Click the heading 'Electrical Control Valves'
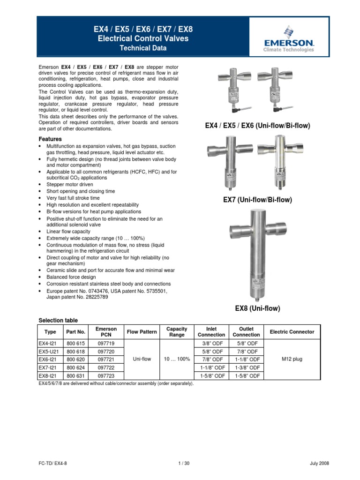[143, 38]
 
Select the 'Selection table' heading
[58, 320]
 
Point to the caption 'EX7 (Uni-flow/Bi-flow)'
[257, 200]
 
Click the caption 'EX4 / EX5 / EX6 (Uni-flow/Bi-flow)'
[257, 126]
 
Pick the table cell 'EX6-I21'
[49, 359]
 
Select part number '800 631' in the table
[75, 376]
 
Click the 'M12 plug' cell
[292, 359]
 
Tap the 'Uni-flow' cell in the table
[142, 359]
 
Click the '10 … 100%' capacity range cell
[177, 359]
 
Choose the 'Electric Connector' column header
[292, 332]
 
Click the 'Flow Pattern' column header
[142, 332]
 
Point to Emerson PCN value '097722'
[106, 367]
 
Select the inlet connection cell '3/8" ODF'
[211, 343]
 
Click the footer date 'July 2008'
[320, 463]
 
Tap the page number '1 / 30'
[180, 463]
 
